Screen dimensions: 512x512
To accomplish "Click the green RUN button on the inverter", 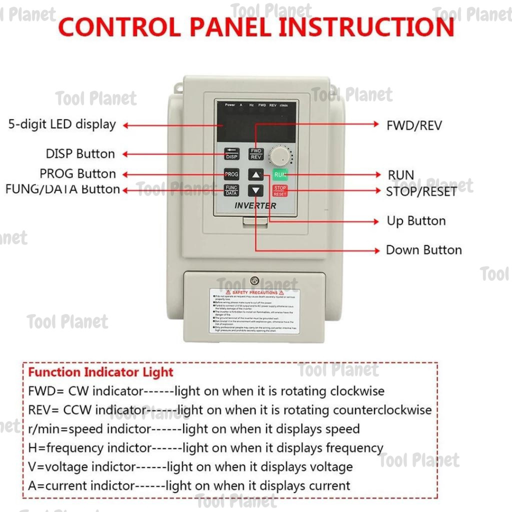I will tap(280, 174).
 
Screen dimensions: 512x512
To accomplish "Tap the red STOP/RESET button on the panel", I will tap(280, 190).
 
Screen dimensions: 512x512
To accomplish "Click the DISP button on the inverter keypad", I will tap(231, 154).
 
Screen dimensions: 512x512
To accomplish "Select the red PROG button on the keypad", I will tap(231, 174).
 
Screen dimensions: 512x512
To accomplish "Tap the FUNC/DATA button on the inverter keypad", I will tap(231, 190).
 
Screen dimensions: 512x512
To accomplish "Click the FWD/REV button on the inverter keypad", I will tap(256, 153).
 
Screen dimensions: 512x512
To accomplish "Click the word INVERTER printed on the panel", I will tap(255, 205).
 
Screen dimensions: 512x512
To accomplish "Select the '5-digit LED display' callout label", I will tap(62, 124).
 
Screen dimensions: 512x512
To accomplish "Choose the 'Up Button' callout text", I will tap(416, 221).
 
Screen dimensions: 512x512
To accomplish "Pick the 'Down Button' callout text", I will tap(423, 250).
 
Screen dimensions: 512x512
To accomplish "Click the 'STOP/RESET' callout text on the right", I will tap(421, 191).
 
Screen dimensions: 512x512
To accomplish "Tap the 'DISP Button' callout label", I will tap(80, 154).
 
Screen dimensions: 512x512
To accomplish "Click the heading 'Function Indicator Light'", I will tap(100, 372).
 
